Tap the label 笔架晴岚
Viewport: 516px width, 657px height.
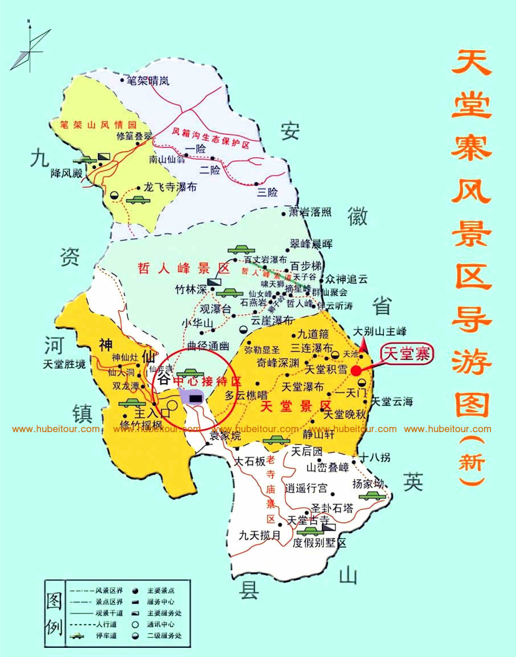tap(148, 81)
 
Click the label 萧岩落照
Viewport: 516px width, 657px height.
tap(310, 212)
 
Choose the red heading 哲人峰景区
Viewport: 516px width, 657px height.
tap(183, 269)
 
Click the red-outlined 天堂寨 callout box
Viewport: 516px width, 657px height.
tap(407, 354)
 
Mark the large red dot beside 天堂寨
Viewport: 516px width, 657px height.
tap(357, 370)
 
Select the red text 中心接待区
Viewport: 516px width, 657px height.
tap(207, 380)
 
